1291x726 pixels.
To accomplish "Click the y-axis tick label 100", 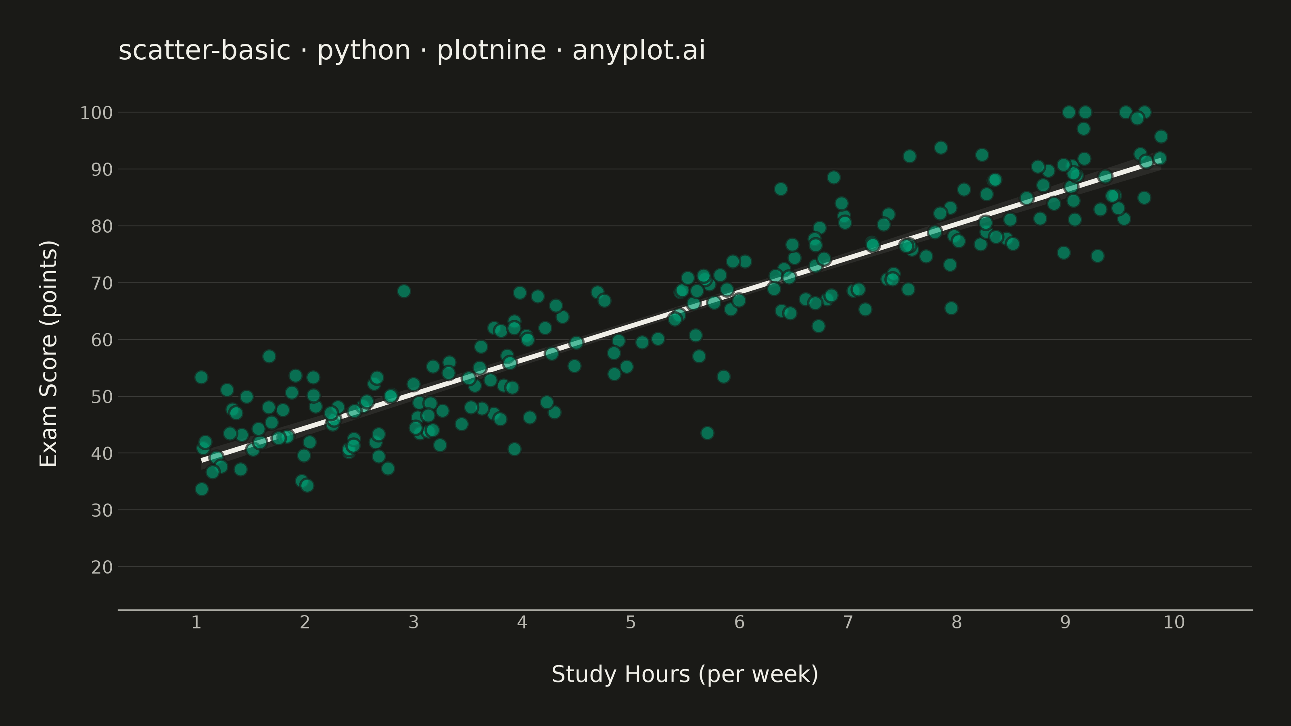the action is pos(96,113).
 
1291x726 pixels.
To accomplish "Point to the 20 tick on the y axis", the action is pos(102,567).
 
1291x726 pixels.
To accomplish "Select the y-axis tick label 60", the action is pos(102,340).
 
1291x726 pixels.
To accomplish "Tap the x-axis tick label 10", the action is pos(1174,622).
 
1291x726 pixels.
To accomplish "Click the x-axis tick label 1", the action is pos(196,622).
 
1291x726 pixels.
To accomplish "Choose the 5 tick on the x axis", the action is pos(631,622).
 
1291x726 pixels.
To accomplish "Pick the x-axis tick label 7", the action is pos(848,622).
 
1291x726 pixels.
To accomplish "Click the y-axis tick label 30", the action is pos(102,511).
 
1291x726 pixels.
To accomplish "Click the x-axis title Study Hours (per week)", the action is pos(685,674).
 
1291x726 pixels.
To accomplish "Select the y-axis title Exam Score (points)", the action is pos(48,354).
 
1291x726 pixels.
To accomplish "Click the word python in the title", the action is pos(364,52).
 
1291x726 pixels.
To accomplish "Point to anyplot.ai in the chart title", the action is pos(639,52).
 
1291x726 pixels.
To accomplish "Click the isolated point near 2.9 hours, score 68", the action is pos(404,291).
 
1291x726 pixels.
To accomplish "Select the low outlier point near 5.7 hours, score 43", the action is pos(707,433).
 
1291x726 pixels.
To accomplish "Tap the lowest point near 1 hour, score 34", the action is pos(201,489).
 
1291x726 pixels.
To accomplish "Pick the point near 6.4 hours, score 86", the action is pos(781,189).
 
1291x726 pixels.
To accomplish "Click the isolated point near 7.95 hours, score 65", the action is pos(951,308).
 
